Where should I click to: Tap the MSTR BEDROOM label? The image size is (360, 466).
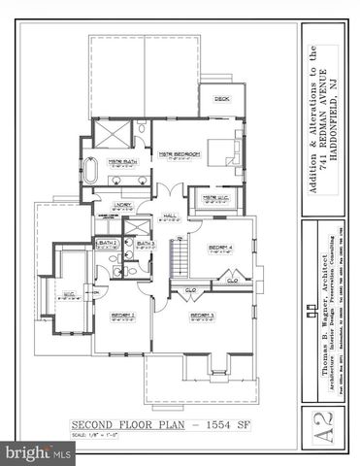coord(180,154)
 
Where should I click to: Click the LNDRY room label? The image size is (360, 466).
coord(122,205)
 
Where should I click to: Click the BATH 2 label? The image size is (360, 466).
coord(106,243)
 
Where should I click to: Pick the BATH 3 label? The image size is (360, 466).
coord(146,243)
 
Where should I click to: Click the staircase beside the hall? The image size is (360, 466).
coord(177,255)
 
